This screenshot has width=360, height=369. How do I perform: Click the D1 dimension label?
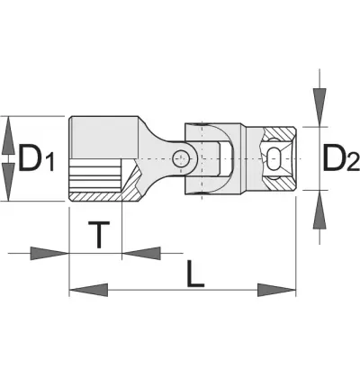(x=36, y=158)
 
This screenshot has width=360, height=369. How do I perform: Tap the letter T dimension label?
(x=99, y=235)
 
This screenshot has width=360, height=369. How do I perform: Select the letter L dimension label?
(x=195, y=274)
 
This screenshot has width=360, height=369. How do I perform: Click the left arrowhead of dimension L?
(x=88, y=290)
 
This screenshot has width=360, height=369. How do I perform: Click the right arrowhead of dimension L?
(x=276, y=290)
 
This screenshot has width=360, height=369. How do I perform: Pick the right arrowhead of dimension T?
(x=141, y=253)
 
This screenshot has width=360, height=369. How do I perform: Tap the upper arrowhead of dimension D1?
(x=8, y=135)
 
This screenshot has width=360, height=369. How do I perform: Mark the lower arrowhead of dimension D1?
(x=8, y=182)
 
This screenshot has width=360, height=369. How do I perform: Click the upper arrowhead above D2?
(x=319, y=107)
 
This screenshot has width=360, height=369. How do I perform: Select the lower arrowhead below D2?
(x=319, y=210)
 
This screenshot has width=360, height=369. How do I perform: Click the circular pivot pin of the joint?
(x=181, y=158)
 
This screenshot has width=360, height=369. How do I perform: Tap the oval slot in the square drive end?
(x=273, y=158)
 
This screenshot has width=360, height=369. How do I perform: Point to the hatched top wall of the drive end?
(x=279, y=133)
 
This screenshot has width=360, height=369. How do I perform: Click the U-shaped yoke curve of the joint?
(x=228, y=158)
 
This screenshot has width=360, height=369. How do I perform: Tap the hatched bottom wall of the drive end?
(x=279, y=183)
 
